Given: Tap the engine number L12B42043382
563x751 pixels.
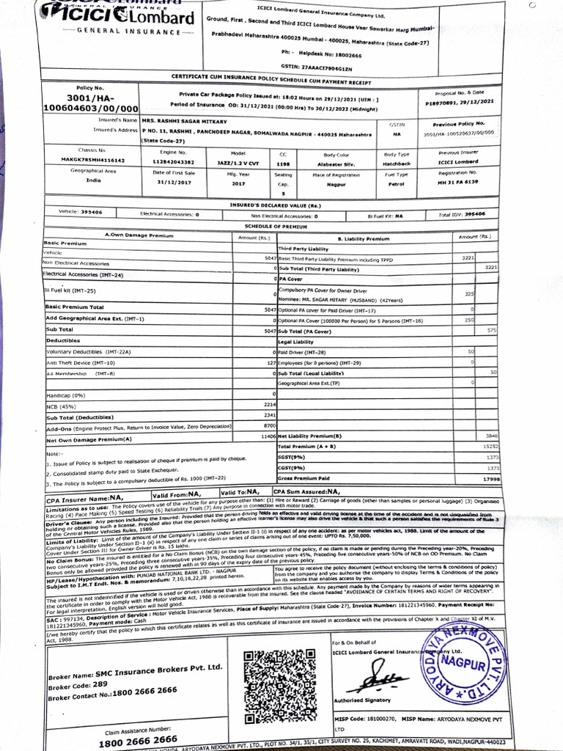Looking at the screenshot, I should [x=174, y=161].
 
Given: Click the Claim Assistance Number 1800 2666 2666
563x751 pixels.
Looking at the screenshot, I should [x=139, y=739].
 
